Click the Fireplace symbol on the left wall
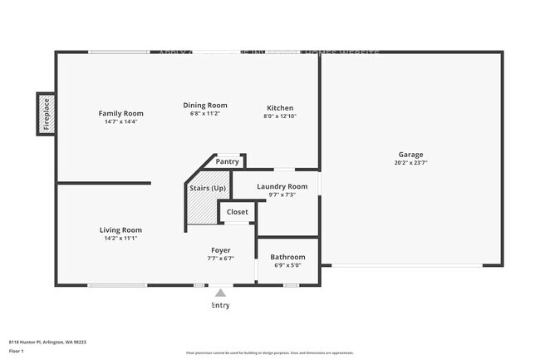[x=46, y=113]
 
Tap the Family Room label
[x=121, y=113]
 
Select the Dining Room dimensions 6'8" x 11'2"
[x=205, y=115]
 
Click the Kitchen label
[x=280, y=108]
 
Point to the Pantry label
[x=227, y=161]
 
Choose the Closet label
[x=238, y=212]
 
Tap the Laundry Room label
[x=282, y=186]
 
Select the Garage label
[x=410, y=155]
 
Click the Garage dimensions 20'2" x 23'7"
[x=410, y=163]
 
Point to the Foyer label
[x=220, y=249]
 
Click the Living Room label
[x=120, y=229]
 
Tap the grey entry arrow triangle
[x=220, y=293]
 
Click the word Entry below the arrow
[x=220, y=305]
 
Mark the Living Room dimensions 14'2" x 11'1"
[x=120, y=239]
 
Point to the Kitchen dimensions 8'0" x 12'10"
[x=280, y=116]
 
